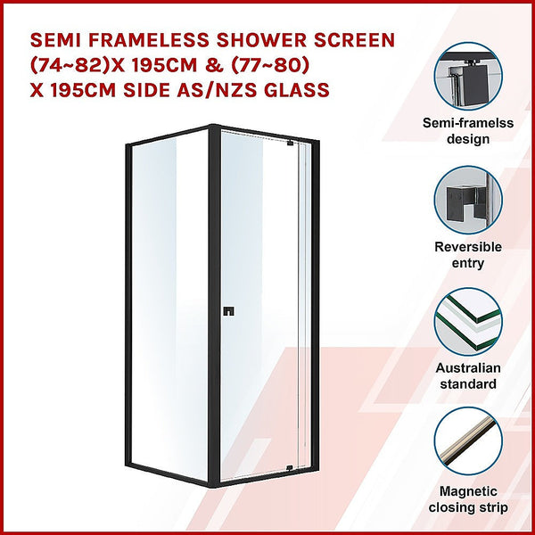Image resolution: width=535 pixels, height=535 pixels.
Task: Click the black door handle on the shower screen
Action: point(228,312)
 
